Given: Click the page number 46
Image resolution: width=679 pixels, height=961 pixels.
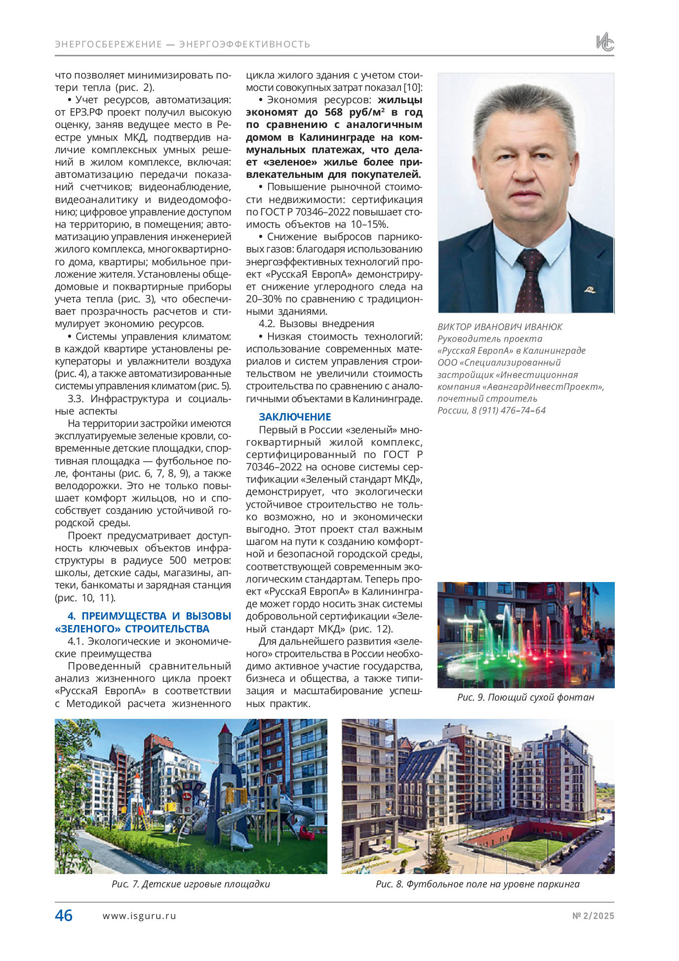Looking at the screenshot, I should click(x=64, y=916).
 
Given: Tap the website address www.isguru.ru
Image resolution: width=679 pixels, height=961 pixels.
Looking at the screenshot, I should click(x=139, y=916).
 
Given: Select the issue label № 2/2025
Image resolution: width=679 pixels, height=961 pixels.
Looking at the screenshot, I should click(x=593, y=916).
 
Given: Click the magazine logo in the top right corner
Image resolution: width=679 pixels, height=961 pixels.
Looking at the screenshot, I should click(x=604, y=42).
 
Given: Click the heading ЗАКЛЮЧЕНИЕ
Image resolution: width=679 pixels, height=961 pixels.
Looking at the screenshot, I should click(x=295, y=417).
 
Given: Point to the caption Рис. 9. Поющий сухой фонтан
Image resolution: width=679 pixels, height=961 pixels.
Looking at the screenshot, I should click(x=525, y=697).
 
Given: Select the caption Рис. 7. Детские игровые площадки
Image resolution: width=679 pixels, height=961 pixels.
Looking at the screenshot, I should click(x=191, y=884).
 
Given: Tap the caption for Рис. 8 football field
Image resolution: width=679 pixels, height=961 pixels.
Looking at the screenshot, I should click(x=478, y=884).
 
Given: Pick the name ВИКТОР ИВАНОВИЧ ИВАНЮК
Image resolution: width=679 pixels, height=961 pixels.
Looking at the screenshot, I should click(x=500, y=327).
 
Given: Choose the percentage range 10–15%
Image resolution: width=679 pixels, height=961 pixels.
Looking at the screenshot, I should click(x=368, y=224).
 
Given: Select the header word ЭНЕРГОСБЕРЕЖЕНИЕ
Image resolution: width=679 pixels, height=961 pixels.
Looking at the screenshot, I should click(x=109, y=44).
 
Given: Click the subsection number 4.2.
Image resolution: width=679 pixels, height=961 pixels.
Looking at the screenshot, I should click(x=267, y=324).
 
